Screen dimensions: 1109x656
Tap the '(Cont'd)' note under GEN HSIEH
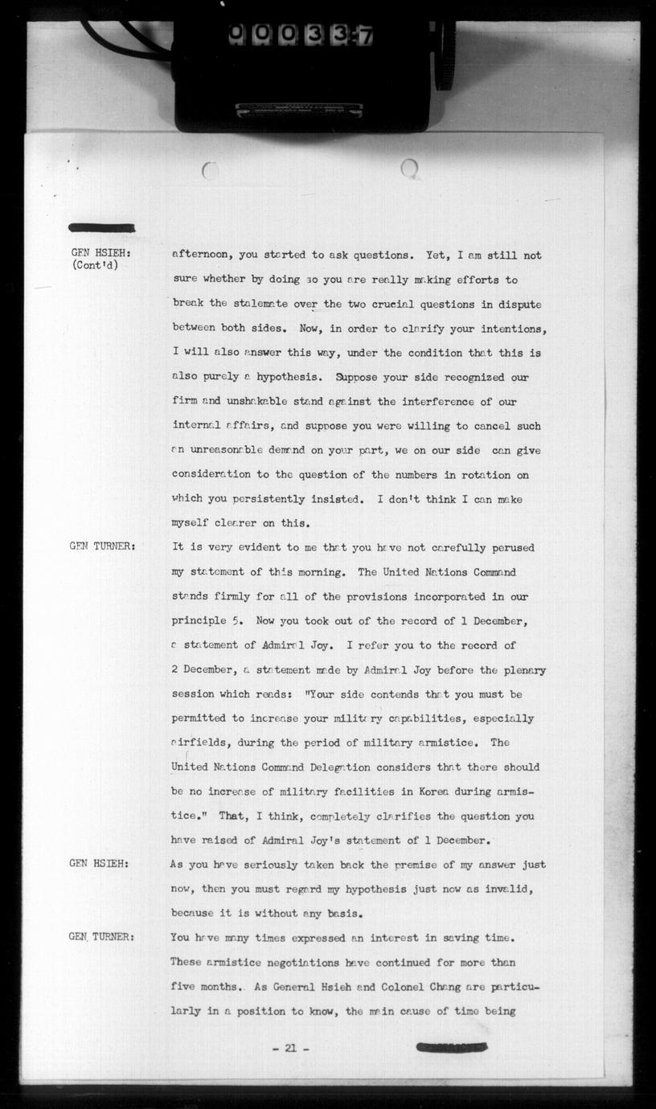(x=95, y=266)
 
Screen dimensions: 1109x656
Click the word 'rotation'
(x=490, y=475)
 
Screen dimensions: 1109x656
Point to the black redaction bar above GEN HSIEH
(x=102, y=228)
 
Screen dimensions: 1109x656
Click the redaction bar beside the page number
(x=452, y=1047)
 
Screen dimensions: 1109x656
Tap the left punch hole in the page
(x=210, y=170)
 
